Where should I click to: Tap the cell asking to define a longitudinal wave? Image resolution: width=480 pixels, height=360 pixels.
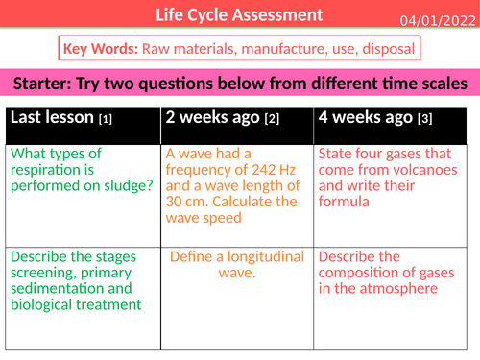pyautogui.click(x=236, y=265)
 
